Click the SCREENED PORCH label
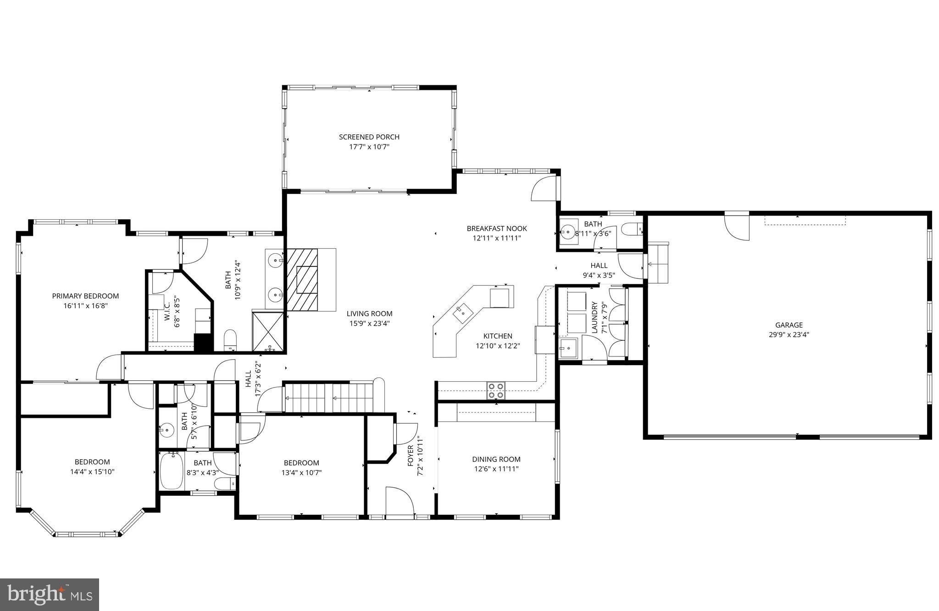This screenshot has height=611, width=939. tap(369, 137)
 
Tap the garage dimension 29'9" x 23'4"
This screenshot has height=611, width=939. tap(789, 335)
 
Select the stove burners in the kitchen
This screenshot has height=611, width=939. tap(495, 390)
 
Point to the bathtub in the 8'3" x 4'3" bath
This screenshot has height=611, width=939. tap(172, 471)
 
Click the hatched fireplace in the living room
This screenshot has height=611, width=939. tap(302, 279)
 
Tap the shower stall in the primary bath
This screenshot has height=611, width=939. tap(268, 331)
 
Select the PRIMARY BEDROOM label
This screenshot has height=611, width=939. tap(85, 296)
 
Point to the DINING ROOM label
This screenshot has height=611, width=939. tap(496, 459)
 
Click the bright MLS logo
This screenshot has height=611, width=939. tap(50, 594)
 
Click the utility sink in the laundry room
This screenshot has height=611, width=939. tap(569, 348)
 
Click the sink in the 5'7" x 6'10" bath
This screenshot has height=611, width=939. tap(167, 430)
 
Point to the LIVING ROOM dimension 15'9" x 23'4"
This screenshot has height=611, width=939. tap(369, 323)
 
